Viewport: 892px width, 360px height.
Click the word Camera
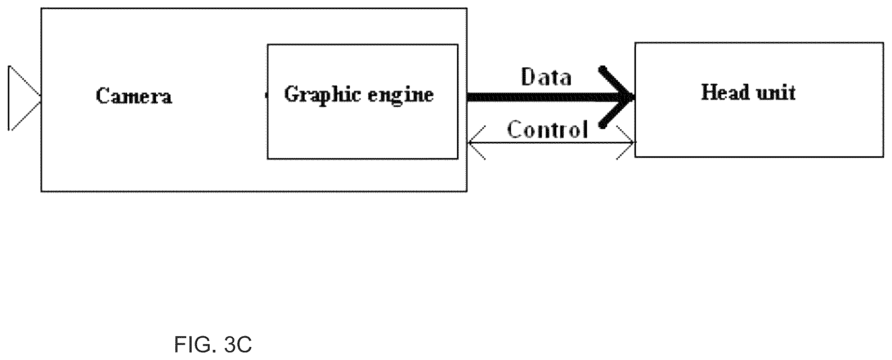(x=134, y=96)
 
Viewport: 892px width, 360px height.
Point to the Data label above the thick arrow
(x=546, y=76)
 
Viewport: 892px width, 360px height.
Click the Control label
(x=548, y=129)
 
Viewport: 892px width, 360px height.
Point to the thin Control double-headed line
(x=551, y=143)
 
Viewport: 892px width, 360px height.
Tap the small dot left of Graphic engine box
(x=266, y=95)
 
